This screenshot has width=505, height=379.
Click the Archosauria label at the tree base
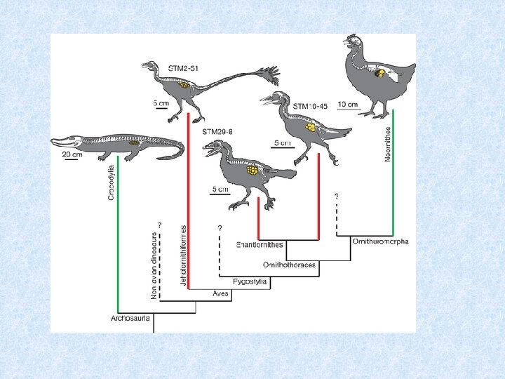coord(131,319)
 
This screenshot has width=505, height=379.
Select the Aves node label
coord(222,294)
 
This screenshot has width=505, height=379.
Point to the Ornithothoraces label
coord(289,265)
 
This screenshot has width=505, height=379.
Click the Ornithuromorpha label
coord(381,241)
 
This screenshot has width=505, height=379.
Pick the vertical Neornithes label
coord(387,145)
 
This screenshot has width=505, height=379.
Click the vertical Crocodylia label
coord(111,182)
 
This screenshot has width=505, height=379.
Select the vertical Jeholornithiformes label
coord(184,255)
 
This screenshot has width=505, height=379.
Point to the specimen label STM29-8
coord(217,131)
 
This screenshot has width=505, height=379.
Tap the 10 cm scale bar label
coord(348,105)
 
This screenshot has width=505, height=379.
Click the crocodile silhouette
coord(119,146)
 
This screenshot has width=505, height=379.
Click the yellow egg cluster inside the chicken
coord(379,73)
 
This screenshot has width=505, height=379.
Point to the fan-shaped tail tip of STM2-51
coord(269,74)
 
